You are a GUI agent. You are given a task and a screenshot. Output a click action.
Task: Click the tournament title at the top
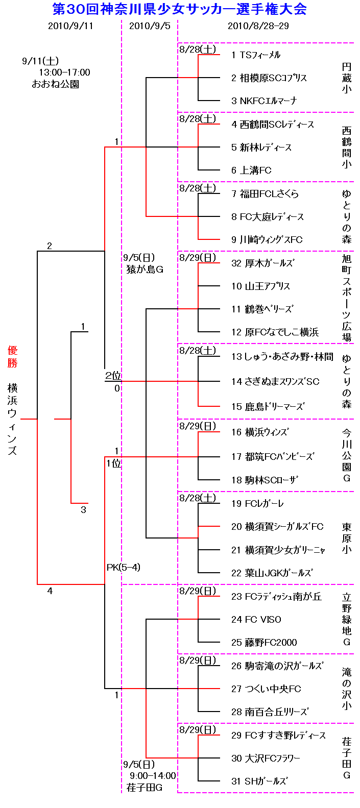tap(180, 9)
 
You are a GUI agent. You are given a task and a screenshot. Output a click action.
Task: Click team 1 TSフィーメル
tap(255, 55)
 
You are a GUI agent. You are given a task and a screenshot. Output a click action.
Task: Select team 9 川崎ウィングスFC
tap(267, 239)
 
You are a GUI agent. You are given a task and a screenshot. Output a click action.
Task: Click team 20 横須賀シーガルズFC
tap(277, 526)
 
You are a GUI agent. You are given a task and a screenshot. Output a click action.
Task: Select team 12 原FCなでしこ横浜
tap(275, 332)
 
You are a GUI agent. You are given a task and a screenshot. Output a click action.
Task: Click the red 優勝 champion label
tap(12, 356)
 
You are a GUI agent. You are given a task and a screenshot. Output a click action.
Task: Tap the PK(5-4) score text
tap(124, 567)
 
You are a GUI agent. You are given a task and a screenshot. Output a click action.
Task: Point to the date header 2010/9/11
tap(70, 26)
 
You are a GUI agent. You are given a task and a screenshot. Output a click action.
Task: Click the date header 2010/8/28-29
tap(258, 26)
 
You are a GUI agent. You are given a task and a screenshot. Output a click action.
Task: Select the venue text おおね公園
tap(55, 84)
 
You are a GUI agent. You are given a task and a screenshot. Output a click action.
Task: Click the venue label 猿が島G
tap(145, 269)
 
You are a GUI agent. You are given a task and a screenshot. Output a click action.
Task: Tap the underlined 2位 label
tap(113, 376)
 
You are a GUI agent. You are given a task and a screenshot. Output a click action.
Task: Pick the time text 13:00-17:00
tap(64, 72)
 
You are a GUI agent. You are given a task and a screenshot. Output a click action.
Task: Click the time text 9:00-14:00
tap(153, 776)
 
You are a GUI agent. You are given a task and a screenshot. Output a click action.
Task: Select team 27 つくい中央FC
tap(266, 689)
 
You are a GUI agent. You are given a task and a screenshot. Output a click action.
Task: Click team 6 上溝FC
tap(251, 170)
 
